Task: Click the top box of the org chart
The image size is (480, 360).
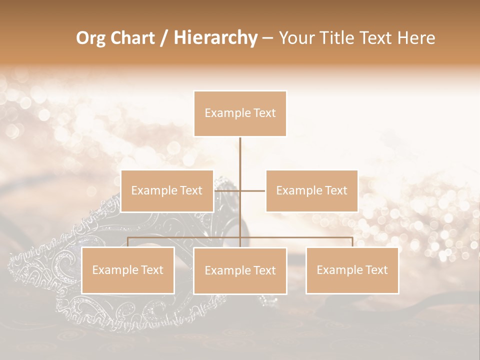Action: pyautogui.click(x=240, y=113)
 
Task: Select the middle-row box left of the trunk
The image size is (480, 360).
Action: pyautogui.click(x=167, y=191)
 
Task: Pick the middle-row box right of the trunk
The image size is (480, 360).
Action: pyautogui.click(x=311, y=191)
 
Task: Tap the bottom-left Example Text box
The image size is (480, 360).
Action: pyautogui.click(x=128, y=270)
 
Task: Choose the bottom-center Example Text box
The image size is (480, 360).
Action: pyautogui.click(x=240, y=271)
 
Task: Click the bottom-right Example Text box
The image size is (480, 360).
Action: pyautogui.click(x=352, y=270)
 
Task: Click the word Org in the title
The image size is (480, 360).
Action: pyautogui.click(x=91, y=38)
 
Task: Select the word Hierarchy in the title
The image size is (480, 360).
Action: pyautogui.click(x=215, y=38)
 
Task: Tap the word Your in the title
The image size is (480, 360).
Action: pyautogui.click(x=296, y=38)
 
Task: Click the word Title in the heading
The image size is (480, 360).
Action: pyautogui.click(x=337, y=38)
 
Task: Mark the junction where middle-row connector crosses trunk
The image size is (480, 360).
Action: pyautogui.click(x=240, y=190)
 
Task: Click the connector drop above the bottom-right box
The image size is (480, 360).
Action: pyautogui.click(x=352, y=242)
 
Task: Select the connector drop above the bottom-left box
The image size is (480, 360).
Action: pyautogui.click(x=128, y=242)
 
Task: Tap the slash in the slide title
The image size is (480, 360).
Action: pyautogui.click(x=164, y=38)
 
